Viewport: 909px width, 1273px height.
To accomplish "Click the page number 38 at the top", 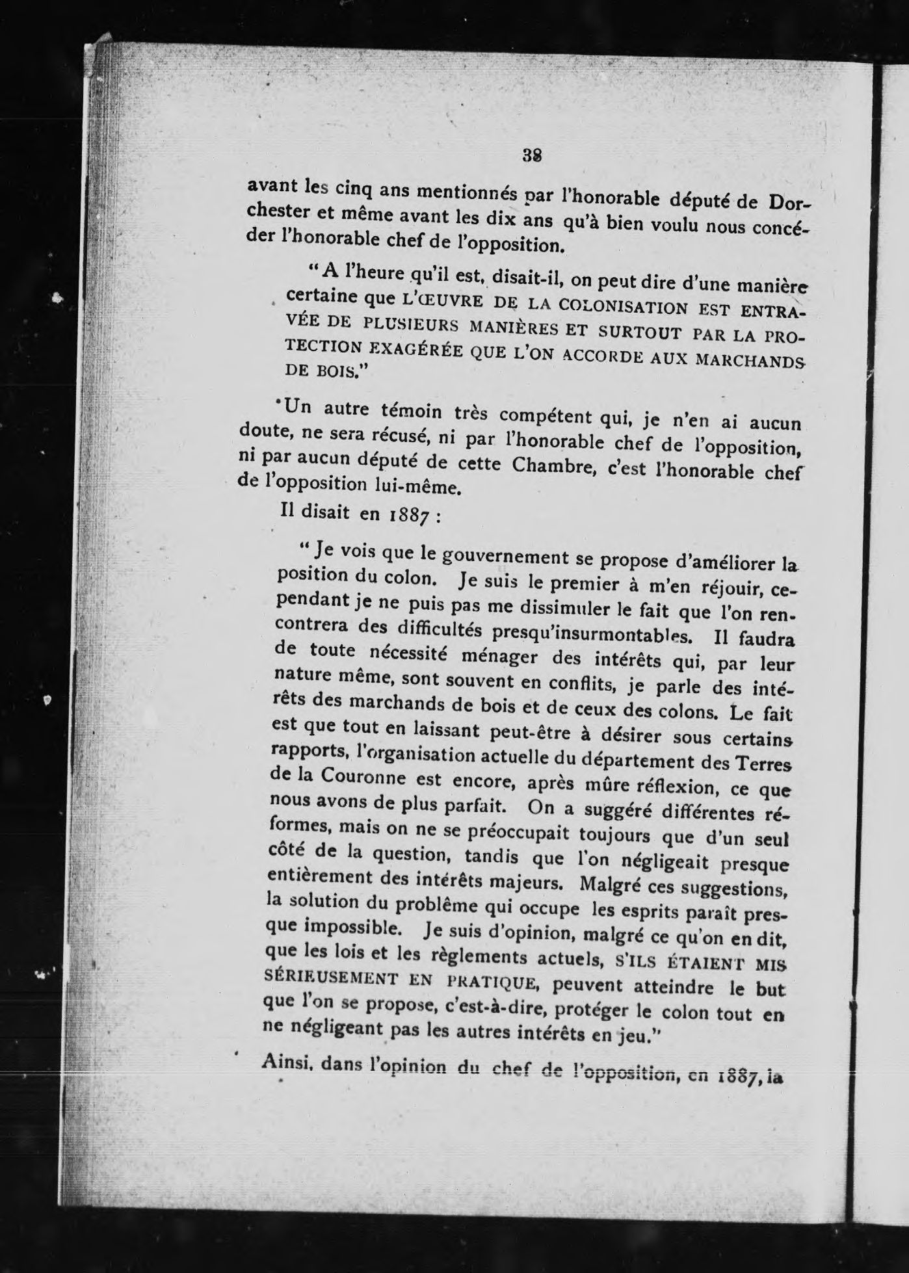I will [x=532, y=156].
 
